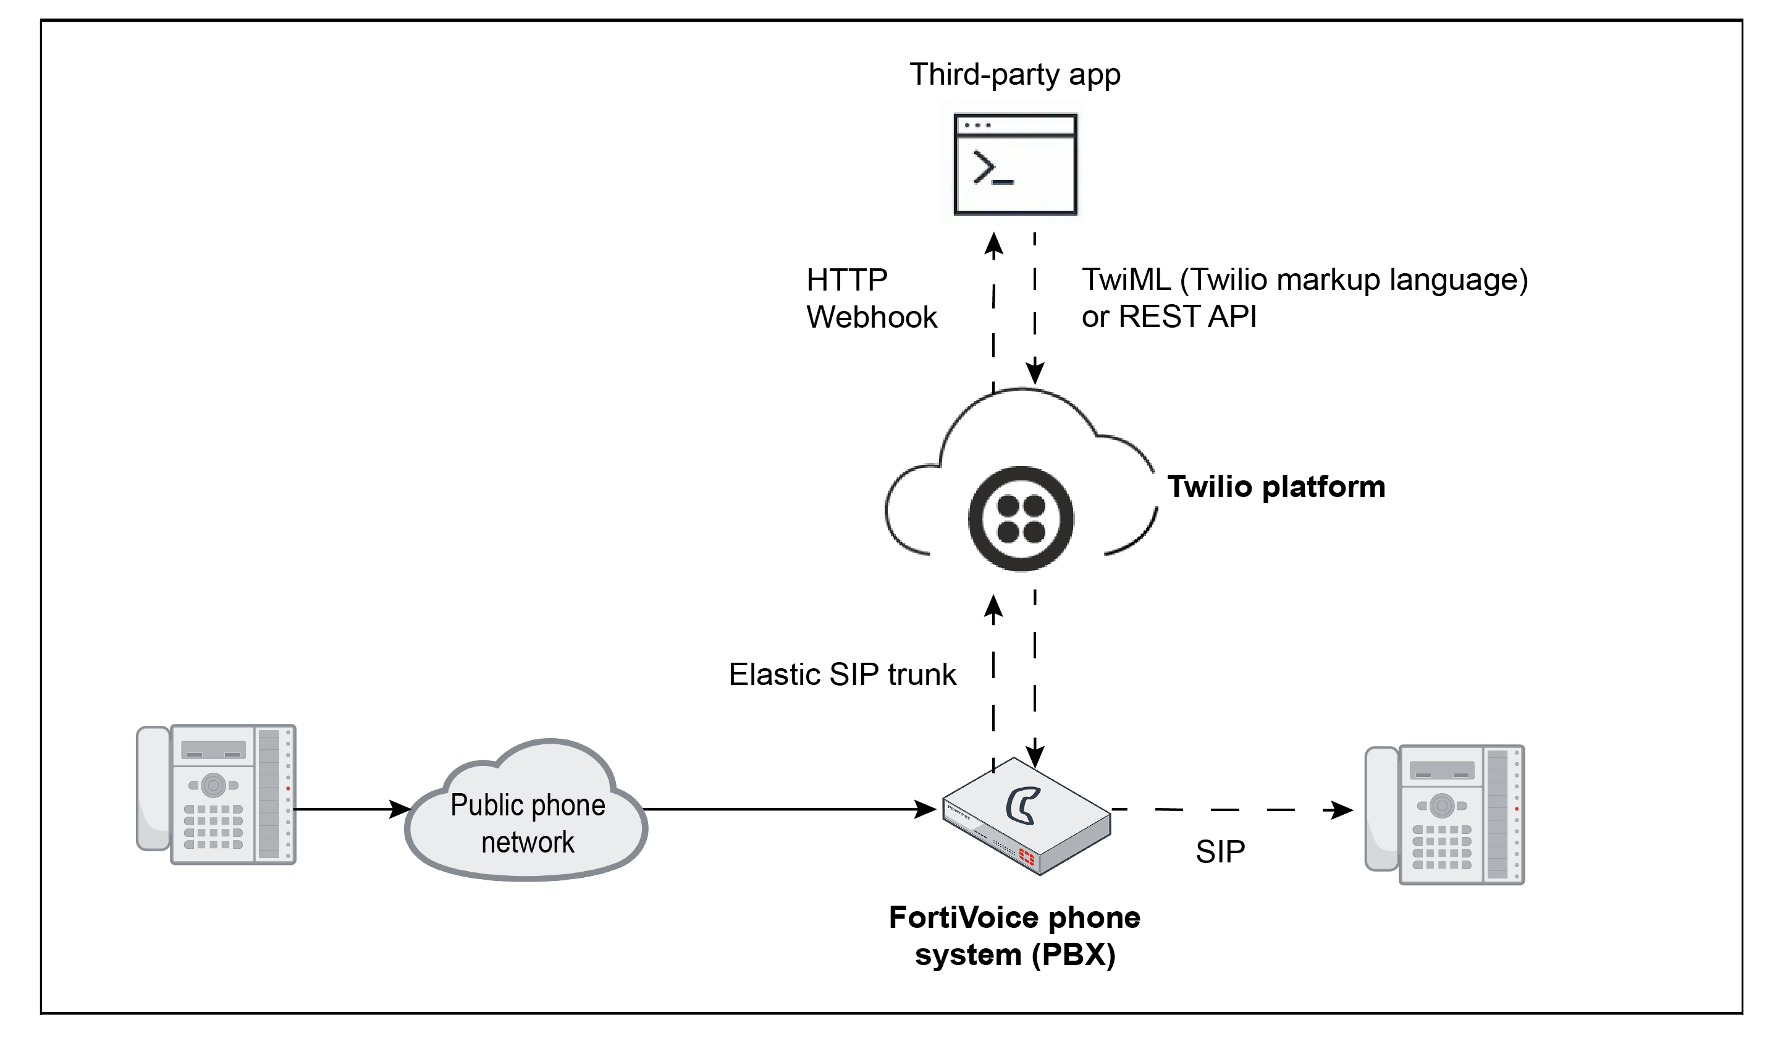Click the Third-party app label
pos(1014,75)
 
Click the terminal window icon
pos(1015,164)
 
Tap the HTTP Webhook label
pos(870,298)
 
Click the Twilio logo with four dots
pos(1021,518)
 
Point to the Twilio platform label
pos(1276,487)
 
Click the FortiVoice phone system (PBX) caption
pos(1014,935)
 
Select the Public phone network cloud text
pos(528,823)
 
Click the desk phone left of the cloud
pos(216,794)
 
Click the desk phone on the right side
pos(1444,815)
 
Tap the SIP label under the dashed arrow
pos(1220,851)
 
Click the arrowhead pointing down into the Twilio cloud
pos(1034,372)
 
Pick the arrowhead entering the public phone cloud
pos(400,809)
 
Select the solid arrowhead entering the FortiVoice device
pos(925,809)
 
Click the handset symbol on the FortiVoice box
pos(1022,806)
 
